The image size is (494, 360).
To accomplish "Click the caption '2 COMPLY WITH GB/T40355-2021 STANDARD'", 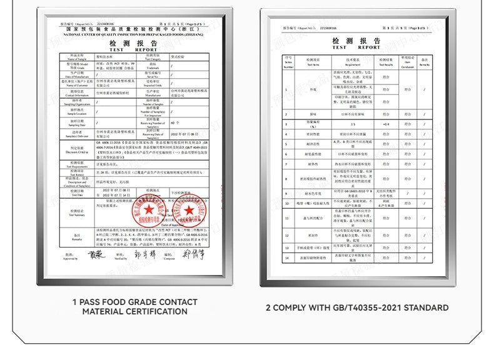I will [x=357, y=307].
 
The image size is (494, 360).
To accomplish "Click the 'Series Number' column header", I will [x=289, y=61].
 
